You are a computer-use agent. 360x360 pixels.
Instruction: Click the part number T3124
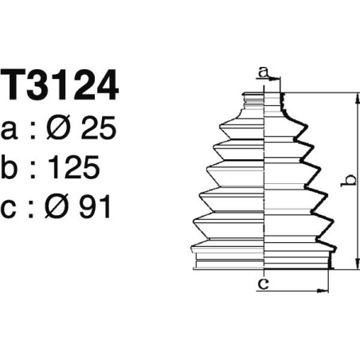60,86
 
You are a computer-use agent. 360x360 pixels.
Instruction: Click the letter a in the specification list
11,131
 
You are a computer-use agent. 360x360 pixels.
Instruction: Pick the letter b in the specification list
11,167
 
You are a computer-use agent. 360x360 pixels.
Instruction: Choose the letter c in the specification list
11,209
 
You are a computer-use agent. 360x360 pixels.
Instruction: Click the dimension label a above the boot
264,73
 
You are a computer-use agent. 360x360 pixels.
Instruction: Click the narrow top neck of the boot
264,100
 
